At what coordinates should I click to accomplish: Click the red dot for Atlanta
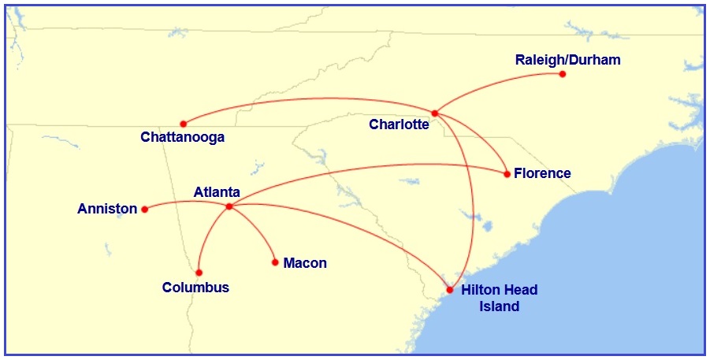click(229, 206)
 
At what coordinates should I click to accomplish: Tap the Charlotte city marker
click(434, 113)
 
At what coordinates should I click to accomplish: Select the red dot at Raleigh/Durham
click(562, 74)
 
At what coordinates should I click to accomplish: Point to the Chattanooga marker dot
click(183, 124)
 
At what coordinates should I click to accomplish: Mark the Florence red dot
click(507, 173)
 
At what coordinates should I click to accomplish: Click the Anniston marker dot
click(144, 210)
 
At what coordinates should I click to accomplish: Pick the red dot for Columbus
click(199, 273)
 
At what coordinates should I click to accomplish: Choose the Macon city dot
click(275, 262)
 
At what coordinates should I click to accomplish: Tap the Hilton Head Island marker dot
click(450, 290)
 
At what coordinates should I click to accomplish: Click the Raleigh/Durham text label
click(567, 60)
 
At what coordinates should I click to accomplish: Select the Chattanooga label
click(183, 138)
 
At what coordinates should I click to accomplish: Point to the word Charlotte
click(399, 124)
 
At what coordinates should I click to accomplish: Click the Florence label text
click(542, 173)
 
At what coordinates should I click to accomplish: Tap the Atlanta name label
click(217, 192)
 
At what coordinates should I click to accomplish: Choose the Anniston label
click(107, 210)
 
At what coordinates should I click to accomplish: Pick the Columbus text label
click(195, 288)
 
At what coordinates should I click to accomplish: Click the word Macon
click(305, 263)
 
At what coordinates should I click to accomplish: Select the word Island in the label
click(500, 306)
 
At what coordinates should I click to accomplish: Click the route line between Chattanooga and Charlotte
click(315, 100)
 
